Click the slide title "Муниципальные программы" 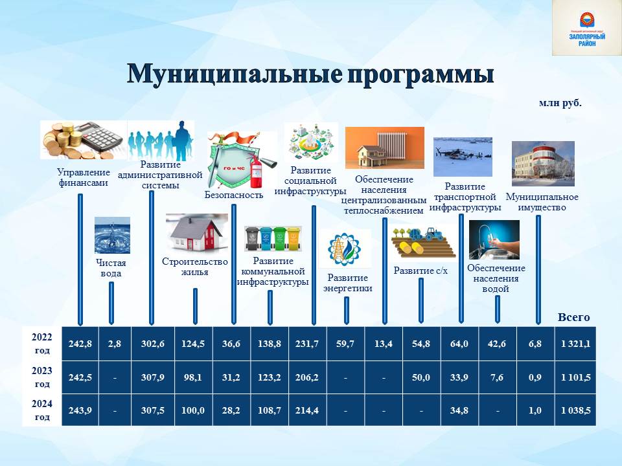(x=310, y=74)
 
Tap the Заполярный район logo (x=587, y=28)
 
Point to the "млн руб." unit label (x=560, y=103)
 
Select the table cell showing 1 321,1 (x=575, y=344)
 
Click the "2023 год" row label (x=41, y=377)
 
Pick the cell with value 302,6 (x=153, y=344)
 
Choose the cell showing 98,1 (x=193, y=377)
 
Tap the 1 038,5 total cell (x=575, y=410)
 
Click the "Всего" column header (x=573, y=317)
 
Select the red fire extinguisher (x=255, y=171)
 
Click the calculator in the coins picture (x=100, y=137)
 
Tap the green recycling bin (x=280, y=238)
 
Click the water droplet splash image (x=112, y=235)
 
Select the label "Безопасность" (x=234, y=195)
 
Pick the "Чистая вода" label (x=111, y=268)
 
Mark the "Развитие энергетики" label (x=347, y=283)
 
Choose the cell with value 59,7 (x=345, y=344)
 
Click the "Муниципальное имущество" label (x=542, y=202)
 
